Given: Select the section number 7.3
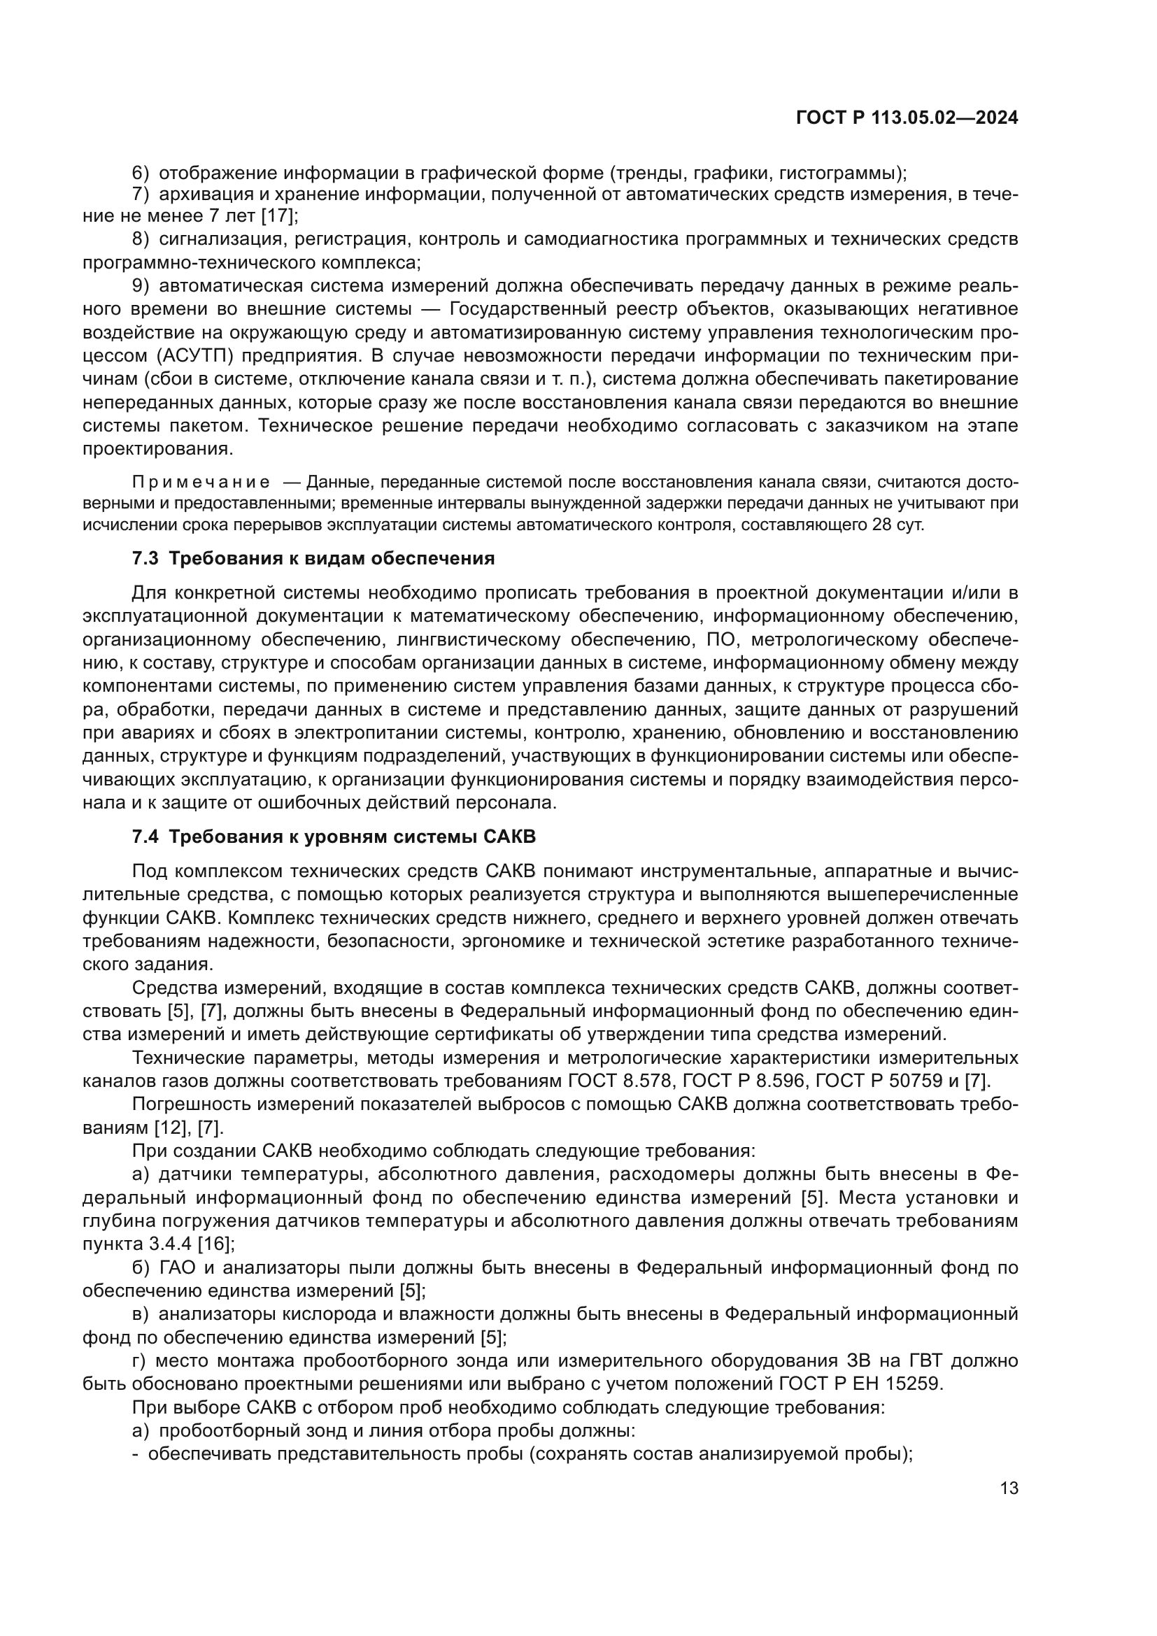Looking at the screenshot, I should pos(145,559).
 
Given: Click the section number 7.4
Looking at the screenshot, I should pos(145,837).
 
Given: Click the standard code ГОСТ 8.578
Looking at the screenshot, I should pos(620,1081).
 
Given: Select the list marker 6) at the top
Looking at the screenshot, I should pos(141,173).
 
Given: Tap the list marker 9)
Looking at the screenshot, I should pos(141,287).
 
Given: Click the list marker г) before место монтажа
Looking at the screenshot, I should pos(140,1361).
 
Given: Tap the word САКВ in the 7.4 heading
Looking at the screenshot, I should pos(510,837).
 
